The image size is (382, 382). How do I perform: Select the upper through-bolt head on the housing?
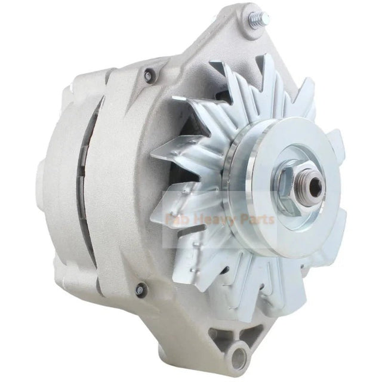(x=149, y=75)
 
